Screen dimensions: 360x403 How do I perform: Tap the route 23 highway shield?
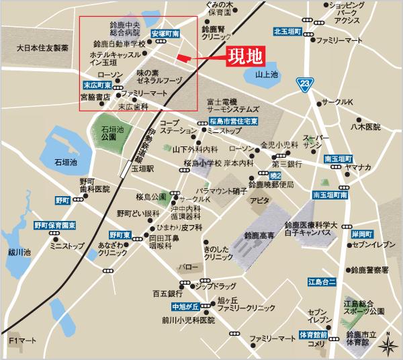(306, 83)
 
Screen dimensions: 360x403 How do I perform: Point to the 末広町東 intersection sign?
(97, 85)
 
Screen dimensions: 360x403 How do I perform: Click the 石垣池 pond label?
(66, 163)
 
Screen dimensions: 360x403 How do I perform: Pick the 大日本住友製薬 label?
(42, 48)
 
